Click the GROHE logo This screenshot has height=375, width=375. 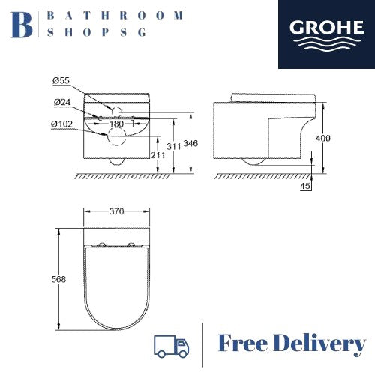coord(326,34)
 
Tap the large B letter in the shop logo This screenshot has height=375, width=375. coord(22,25)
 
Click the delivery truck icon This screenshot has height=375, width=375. coord(171,346)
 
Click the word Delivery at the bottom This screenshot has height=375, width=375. coord(319,344)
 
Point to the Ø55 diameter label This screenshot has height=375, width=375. coord(61,80)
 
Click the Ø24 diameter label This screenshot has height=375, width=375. coord(62,102)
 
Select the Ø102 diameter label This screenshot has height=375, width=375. coord(61,124)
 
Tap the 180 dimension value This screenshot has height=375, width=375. coord(116,124)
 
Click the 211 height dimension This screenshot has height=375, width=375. coord(158,155)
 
